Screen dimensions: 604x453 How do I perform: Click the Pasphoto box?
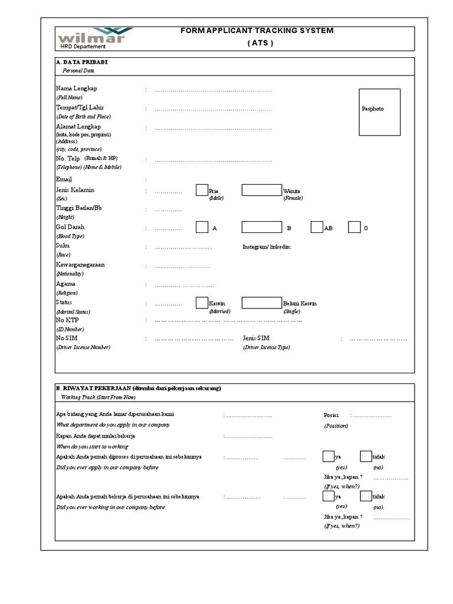(x=380, y=113)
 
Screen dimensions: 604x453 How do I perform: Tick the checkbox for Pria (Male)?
(x=202, y=190)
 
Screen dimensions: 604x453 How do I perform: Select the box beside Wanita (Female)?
(x=261, y=190)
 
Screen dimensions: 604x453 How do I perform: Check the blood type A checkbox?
(x=202, y=228)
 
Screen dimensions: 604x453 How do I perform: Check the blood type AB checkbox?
(x=317, y=228)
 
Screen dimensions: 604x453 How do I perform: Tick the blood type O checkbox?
(x=354, y=228)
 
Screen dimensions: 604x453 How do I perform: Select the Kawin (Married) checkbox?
(x=202, y=303)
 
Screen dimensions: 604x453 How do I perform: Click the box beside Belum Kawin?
(x=261, y=303)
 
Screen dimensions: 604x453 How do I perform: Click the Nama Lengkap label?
(x=77, y=88)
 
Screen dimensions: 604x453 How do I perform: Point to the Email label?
(x=64, y=179)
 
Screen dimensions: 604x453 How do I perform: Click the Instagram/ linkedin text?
(x=267, y=247)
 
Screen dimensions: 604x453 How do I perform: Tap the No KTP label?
(x=67, y=320)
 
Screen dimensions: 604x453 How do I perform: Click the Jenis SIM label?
(x=256, y=338)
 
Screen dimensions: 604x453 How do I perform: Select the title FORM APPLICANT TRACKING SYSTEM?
(x=257, y=31)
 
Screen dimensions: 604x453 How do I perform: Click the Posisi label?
(x=331, y=415)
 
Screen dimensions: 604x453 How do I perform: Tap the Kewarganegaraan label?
(x=80, y=265)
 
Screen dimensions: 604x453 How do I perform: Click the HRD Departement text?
(x=83, y=47)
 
